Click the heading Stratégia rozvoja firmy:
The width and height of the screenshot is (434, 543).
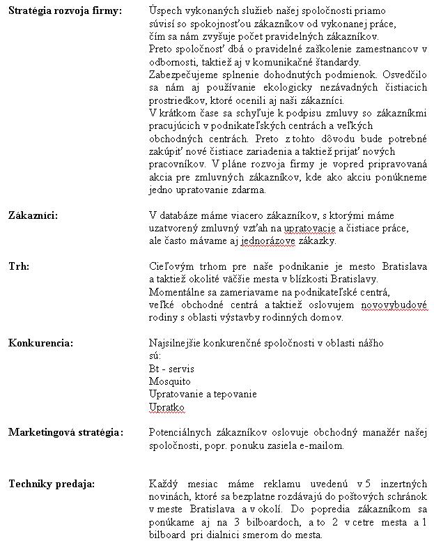tap(65, 12)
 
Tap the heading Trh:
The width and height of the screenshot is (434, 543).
tap(19, 266)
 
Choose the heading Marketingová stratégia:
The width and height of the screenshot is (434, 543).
tap(65, 431)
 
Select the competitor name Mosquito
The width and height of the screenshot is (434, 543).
tap(169, 381)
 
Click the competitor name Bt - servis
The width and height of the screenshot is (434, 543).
tap(171, 369)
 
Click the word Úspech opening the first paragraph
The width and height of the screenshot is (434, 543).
tap(167, 12)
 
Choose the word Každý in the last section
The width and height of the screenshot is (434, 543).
tap(164, 483)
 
